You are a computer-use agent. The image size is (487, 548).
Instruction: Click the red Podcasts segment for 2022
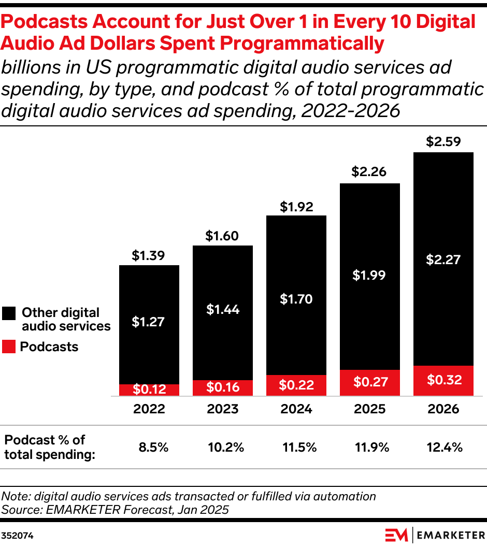(149, 390)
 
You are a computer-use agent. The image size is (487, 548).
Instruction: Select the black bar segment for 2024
(296, 295)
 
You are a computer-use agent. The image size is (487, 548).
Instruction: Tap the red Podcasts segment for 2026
(443, 381)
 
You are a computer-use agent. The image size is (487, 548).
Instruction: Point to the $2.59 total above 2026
(443, 141)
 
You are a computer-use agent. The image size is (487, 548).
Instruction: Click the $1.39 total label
(149, 255)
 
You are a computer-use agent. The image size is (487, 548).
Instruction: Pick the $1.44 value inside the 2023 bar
(223, 310)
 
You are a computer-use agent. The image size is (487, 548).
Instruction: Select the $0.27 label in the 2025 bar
(370, 382)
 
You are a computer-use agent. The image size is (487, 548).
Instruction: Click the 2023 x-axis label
(223, 409)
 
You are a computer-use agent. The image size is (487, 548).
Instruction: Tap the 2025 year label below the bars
(370, 409)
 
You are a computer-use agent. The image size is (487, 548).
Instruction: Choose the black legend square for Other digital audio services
(9, 313)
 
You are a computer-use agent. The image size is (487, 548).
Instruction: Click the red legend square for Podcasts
(9, 347)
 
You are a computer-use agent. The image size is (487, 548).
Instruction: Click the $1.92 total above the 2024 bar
(296, 207)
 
